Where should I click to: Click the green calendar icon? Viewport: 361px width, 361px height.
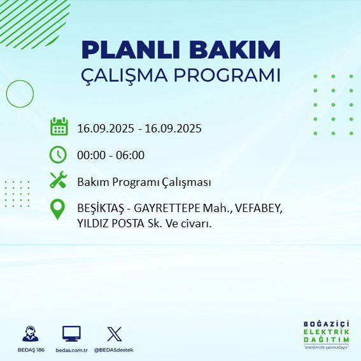click(59, 127)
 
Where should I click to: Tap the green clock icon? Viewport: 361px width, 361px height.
click(58, 155)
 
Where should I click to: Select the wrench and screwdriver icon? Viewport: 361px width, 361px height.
click(59, 181)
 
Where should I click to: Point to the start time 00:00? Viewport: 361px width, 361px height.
click(91, 155)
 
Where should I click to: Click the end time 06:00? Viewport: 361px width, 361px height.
click(131, 155)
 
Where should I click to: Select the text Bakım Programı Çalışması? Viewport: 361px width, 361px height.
click(144, 182)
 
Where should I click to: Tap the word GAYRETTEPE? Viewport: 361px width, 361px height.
click(166, 209)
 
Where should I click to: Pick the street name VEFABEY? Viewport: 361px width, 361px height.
click(257, 209)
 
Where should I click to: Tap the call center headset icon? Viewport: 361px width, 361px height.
click(30, 334)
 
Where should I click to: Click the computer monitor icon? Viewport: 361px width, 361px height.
click(71, 333)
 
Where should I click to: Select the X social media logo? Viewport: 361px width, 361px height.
click(114, 333)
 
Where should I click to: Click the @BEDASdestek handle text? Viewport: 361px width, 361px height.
click(114, 350)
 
